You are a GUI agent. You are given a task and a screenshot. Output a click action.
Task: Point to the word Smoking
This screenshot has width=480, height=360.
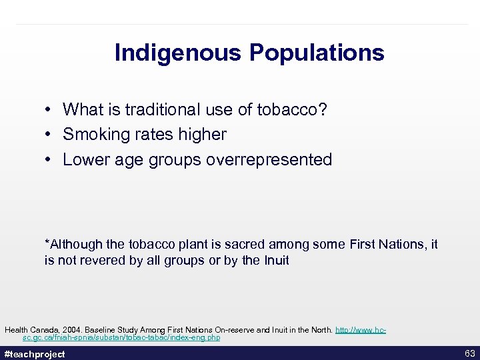click(x=91, y=135)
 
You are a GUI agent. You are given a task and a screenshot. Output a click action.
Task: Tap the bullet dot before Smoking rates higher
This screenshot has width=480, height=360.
click(x=49, y=135)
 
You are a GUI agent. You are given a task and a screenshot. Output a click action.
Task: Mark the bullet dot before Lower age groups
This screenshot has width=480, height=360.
click(x=49, y=160)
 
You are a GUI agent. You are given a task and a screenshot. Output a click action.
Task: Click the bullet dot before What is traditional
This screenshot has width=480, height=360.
click(x=49, y=109)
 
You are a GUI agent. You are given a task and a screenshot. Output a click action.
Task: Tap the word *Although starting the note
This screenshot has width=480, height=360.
click(x=72, y=245)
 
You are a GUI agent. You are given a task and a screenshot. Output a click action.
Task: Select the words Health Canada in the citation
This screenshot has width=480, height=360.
click(x=29, y=330)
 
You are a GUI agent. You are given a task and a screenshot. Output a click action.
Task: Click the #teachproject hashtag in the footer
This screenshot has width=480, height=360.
click(x=35, y=354)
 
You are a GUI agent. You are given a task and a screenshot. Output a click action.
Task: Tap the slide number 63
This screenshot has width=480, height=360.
click(x=469, y=353)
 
